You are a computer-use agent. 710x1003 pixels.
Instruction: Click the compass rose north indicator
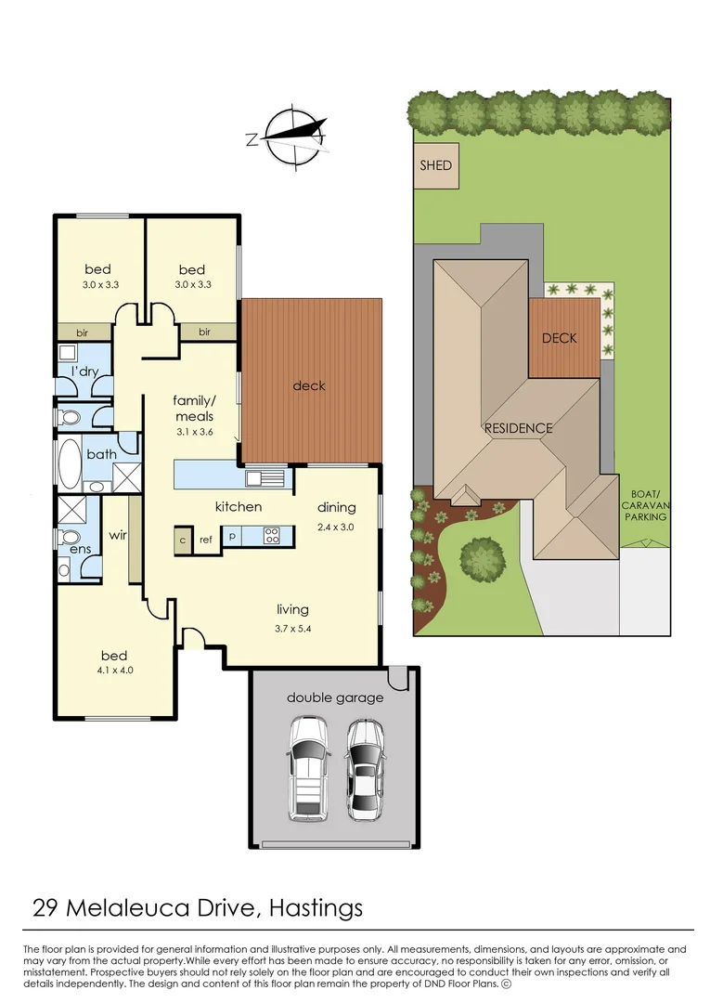(252, 138)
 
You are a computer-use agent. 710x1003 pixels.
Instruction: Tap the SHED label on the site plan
(436, 165)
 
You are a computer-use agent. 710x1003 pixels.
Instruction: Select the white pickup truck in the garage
(308, 768)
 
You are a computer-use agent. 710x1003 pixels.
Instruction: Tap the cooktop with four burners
(272, 535)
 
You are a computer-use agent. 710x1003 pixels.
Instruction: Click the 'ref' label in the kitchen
(206, 540)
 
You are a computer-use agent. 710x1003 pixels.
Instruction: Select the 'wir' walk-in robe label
(118, 535)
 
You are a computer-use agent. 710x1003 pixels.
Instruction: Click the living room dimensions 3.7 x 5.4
(292, 628)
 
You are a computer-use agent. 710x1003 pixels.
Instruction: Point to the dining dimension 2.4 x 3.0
(335, 528)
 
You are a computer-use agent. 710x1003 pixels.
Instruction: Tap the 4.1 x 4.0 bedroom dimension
(115, 671)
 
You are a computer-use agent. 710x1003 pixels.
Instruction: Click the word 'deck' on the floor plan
(309, 385)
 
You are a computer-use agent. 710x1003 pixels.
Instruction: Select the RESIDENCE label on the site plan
(518, 428)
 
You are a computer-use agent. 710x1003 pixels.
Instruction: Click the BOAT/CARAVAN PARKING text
(645, 505)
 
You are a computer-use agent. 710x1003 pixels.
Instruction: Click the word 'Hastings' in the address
(316, 908)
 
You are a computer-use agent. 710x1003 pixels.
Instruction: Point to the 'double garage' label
(335, 697)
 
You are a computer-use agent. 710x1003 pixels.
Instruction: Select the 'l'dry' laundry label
(84, 371)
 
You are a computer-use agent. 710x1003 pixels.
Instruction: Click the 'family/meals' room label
(194, 408)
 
